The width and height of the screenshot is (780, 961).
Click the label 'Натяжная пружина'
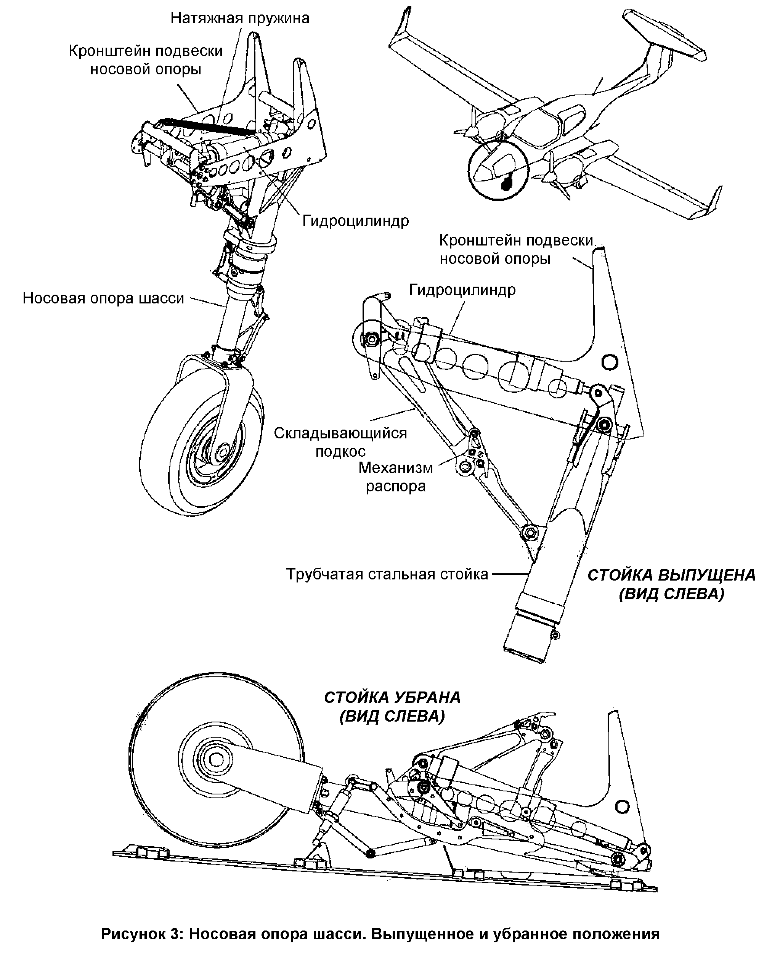[x=240, y=18]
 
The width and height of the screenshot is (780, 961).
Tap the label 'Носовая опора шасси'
[x=103, y=298]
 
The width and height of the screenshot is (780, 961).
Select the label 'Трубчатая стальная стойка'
[x=387, y=574]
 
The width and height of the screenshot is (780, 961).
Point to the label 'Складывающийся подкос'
[x=340, y=442]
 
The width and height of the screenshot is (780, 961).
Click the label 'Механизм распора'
[x=395, y=477]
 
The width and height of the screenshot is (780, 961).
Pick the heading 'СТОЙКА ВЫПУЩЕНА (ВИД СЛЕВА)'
[x=672, y=584]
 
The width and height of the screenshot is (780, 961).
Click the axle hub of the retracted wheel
[x=217, y=760]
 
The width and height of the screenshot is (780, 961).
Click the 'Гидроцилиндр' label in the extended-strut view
[x=462, y=290]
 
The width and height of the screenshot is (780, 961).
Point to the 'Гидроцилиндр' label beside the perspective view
[x=356, y=221]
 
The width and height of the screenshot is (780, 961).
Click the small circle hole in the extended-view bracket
[x=610, y=361]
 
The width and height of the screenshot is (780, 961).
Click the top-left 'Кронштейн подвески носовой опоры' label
[x=146, y=60]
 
